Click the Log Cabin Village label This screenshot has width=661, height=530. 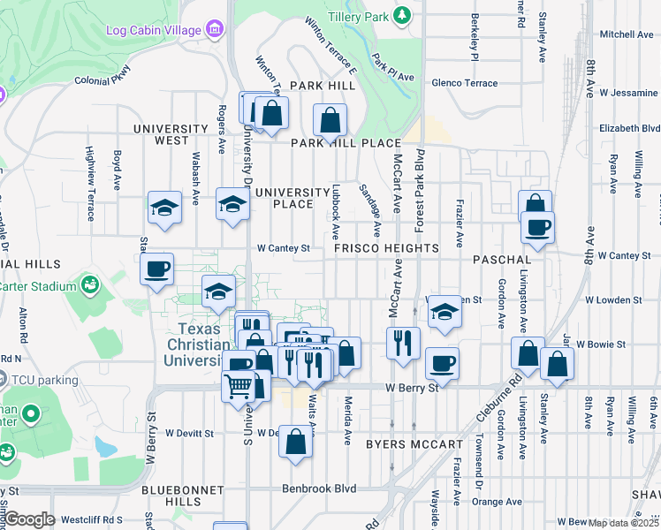click(154, 30)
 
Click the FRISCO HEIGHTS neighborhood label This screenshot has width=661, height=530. click(387, 249)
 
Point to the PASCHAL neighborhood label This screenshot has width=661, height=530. click(501, 261)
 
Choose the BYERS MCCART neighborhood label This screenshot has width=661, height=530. click(414, 444)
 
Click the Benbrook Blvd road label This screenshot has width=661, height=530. click(319, 488)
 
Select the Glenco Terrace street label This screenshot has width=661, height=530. click(464, 83)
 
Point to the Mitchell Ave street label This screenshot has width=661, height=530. click(627, 34)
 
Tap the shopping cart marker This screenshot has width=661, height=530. click(239, 387)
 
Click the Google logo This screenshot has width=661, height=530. click(29, 519)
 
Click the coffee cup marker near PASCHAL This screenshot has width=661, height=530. click(537, 228)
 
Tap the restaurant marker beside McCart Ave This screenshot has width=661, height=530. click(403, 341)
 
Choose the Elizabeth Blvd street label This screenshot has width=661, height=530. click(629, 128)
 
